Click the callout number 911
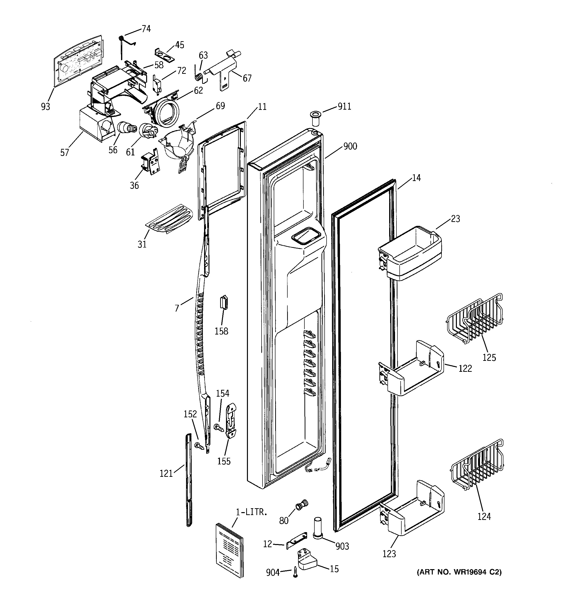(x=344, y=106)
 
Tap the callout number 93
(x=46, y=106)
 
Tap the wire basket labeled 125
(x=475, y=319)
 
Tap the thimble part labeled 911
(x=315, y=119)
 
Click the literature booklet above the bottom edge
(x=229, y=549)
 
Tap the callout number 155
(x=224, y=461)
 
